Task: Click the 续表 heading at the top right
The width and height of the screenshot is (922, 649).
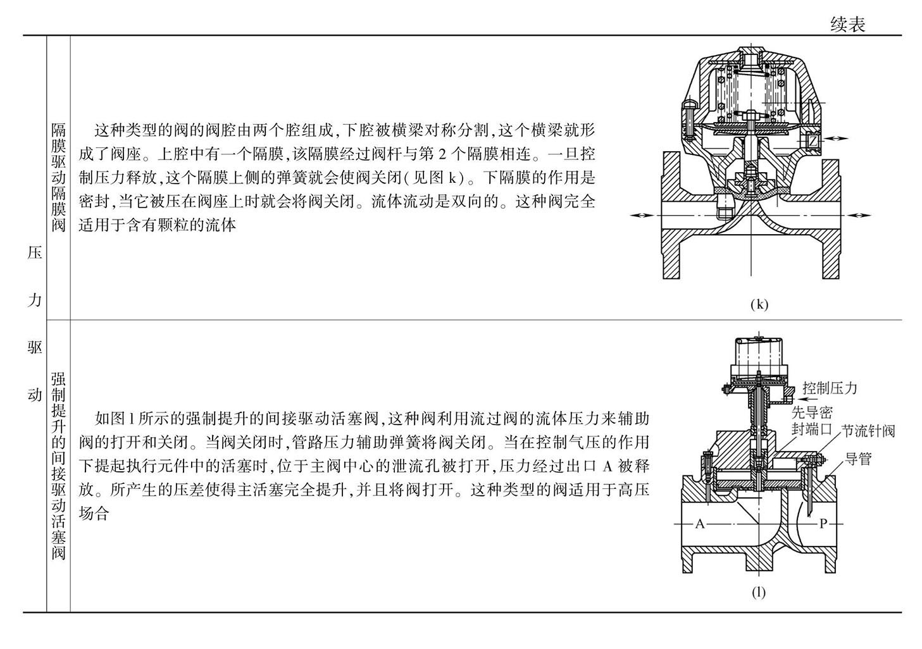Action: tap(848, 25)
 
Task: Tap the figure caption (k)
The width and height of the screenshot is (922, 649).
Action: tap(759, 304)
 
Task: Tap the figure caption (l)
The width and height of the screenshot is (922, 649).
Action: tap(759, 592)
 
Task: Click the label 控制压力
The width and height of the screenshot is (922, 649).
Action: tap(830, 388)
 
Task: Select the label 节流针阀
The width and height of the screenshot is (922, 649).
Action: tap(868, 431)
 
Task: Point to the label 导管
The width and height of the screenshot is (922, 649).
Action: tap(858, 459)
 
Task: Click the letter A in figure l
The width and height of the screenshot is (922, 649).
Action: tap(700, 524)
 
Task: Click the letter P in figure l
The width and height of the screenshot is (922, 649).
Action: tap(823, 524)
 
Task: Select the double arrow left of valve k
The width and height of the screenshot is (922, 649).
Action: tap(642, 215)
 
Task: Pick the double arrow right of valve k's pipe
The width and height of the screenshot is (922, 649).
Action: tap(859, 215)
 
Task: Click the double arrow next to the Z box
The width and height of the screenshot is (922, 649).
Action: tap(837, 139)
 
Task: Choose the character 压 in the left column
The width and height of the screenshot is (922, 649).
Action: tap(35, 252)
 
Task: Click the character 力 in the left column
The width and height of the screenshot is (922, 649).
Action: tap(35, 300)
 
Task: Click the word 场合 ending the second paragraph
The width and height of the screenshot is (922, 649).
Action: tap(94, 513)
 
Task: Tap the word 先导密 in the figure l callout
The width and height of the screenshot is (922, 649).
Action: tap(812, 413)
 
